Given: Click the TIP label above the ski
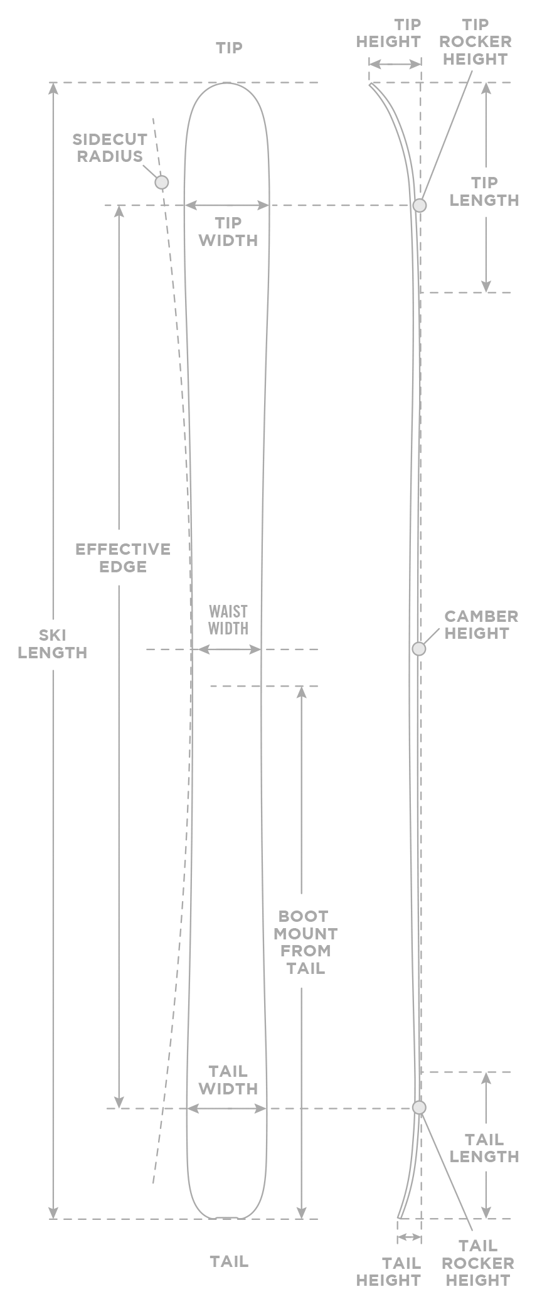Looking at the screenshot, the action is tap(229, 48).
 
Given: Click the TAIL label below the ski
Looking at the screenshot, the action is tap(229, 1261).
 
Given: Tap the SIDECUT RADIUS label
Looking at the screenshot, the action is tap(110, 147).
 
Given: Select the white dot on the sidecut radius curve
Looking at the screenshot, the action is tap(162, 182).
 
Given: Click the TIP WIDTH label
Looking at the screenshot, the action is tap(228, 232).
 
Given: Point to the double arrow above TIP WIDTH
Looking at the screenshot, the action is tap(227, 205).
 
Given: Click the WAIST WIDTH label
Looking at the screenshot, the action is tap(228, 620).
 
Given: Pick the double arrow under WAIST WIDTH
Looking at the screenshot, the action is tap(228, 649).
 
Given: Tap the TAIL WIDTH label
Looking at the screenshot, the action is tap(228, 1079).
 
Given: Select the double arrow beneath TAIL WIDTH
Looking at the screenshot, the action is tap(227, 1109).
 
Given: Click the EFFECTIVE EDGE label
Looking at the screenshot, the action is tap(123, 558).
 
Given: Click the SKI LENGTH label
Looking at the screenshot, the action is tap(53, 644).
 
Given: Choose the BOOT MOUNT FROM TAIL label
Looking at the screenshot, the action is tap(306, 942).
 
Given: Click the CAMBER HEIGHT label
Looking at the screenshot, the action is tap(481, 624).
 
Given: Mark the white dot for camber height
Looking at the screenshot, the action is tap(419, 649).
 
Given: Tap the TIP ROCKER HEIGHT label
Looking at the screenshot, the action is tap(475, 42).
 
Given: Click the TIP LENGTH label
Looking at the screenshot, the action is tap(484, 191).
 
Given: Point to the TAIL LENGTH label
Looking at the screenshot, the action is tap(484, 1148).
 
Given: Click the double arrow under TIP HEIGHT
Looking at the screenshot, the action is tap(395, 64).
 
